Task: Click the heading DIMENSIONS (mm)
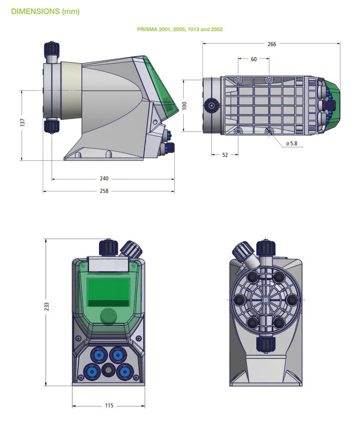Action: [45, 11]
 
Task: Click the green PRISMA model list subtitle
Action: [180, 30]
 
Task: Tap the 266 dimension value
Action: [272, 44]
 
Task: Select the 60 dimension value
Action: [254, 59]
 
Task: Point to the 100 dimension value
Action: [184, 105]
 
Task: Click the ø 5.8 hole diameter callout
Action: [291, 144]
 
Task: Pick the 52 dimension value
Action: [224, 155]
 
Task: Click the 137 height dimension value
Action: [23, 123]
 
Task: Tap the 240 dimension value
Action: [104, 178]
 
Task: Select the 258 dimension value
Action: [104, 191]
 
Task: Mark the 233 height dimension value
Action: [47, 306]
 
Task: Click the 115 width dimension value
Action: [109, 405]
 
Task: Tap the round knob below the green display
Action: [108, 316]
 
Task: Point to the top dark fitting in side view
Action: [52, 49]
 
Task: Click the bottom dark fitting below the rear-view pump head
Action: [266, 344]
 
